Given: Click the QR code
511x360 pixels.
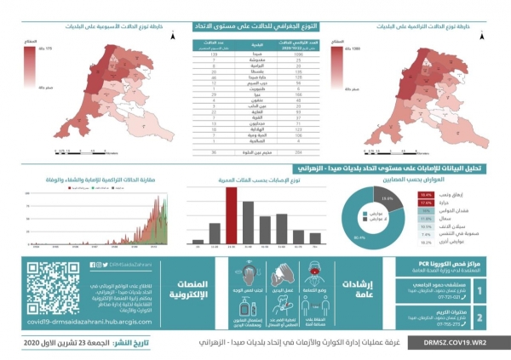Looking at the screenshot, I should click(52, 288).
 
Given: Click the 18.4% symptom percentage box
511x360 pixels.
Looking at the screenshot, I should click(427, 195).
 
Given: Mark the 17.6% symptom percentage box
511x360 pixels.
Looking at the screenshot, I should click(427, 203).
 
